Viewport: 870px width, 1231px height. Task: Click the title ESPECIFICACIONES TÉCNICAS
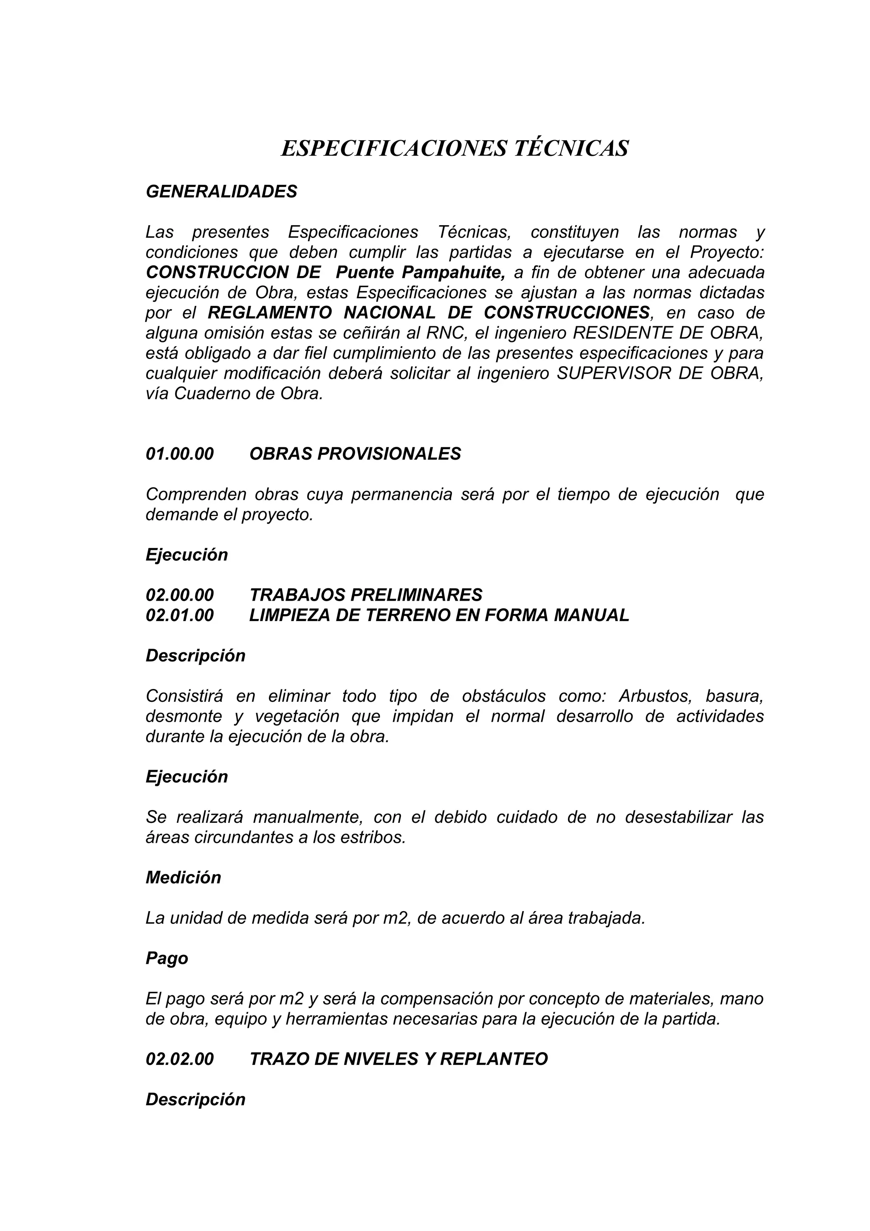[x=455, y=149]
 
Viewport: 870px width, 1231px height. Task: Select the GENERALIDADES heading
[x=221, y=192]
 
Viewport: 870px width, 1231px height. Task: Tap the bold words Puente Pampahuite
[x=420, y=272]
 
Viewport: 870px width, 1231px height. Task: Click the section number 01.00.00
[x=180, y=454]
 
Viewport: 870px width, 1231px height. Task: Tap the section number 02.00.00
[x=180, y=595]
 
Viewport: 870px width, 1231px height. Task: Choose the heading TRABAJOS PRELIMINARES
[x=366, y=595]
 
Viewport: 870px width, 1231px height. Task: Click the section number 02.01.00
[x=180, y=615]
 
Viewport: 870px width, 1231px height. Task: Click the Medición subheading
[x=184, y=878]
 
